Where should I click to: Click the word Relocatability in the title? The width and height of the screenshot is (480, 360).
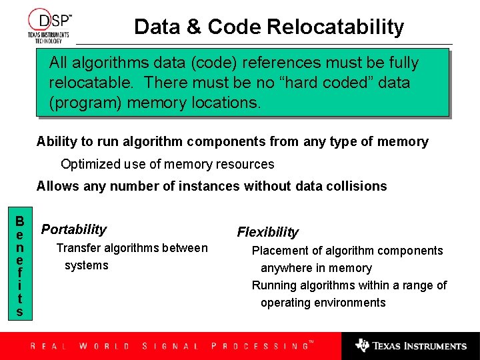click(335, 27)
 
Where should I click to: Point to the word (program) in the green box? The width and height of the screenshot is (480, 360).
click(85, 103)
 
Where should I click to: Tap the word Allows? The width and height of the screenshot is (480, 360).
click(58, 186)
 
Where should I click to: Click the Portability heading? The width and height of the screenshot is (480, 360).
click(74, 229)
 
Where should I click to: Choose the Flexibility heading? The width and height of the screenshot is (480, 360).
click(268, 232)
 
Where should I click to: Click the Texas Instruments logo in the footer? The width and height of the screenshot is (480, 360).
click(411, 345)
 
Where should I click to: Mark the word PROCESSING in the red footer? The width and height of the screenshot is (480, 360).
click(259, 346)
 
